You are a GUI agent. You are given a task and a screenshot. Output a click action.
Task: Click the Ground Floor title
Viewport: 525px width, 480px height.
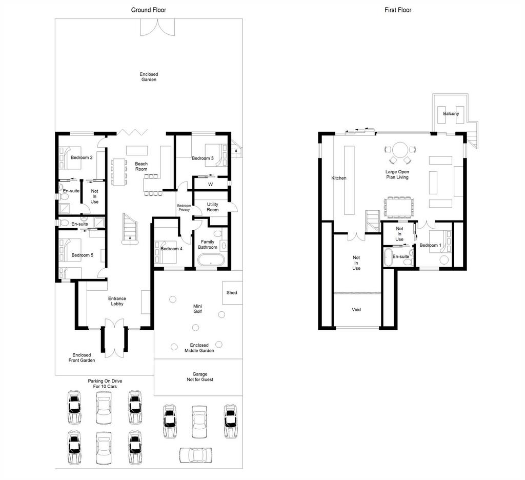[148, 10]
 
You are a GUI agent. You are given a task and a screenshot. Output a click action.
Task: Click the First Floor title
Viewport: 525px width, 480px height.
[398, 10]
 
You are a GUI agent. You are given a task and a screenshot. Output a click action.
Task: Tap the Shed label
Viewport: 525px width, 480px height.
[232, 292]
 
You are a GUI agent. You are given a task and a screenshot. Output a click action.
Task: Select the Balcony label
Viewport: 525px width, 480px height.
[451, 113]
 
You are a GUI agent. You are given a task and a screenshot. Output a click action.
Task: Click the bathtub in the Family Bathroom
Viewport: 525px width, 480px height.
[211, 260]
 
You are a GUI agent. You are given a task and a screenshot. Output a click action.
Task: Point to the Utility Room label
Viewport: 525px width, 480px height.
[213, 207]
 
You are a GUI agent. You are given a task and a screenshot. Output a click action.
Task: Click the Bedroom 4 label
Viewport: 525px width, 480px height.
[171, 249]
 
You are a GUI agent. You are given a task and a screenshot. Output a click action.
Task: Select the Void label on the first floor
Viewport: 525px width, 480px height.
[356, 310]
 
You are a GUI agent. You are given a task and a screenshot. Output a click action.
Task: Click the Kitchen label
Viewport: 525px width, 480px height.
[339, 178]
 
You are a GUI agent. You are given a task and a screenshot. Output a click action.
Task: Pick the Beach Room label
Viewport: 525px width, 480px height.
[142, 167]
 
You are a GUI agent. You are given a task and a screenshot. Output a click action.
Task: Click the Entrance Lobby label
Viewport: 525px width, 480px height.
[117, 301]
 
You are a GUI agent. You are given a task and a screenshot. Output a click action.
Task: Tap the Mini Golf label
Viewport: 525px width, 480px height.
[197, 309]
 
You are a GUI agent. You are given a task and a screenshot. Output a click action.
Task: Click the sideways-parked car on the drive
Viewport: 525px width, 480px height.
[195, 455]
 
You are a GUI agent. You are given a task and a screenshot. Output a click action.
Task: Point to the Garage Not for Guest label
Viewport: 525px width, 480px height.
[200, 377]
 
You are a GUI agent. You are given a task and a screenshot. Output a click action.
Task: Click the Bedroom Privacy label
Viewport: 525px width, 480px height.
[184, 208]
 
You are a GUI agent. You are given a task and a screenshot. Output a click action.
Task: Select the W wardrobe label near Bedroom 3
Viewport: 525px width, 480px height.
[210, 184]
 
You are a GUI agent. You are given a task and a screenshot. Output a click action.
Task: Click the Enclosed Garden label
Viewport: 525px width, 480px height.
[149, 77]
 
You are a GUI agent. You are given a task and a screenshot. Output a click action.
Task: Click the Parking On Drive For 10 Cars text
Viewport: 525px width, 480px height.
[105, 384]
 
